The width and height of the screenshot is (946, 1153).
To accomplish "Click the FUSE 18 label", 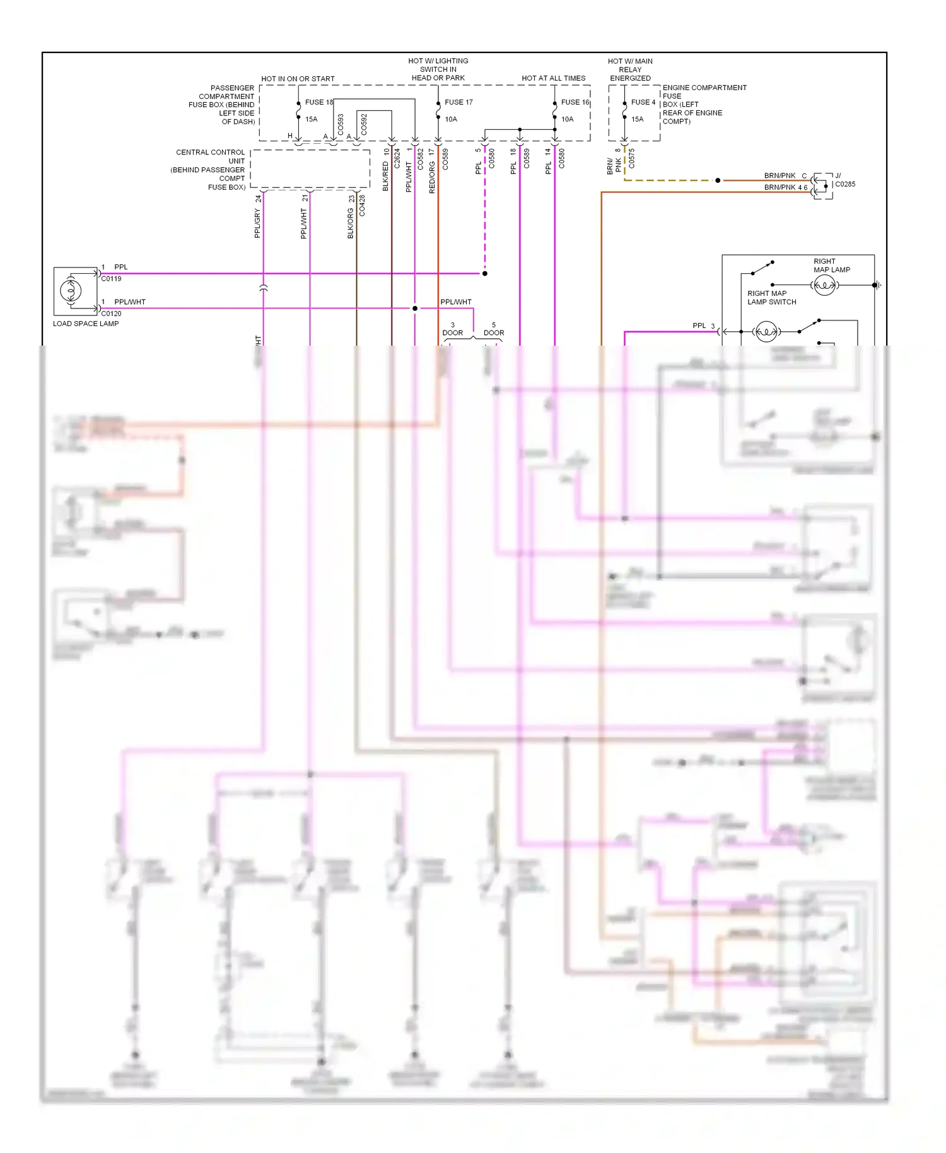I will (318, 102).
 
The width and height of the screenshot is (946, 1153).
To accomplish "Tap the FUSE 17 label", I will (458, 102).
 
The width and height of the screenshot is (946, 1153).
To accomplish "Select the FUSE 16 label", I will (575, 102).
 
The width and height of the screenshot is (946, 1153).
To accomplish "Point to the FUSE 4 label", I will (643, 102).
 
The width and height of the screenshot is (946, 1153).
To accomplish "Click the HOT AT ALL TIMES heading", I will (553, 78).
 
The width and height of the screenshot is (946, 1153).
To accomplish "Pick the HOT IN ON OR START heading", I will (298, 79).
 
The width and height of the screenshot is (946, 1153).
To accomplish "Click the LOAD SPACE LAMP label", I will (86, 324).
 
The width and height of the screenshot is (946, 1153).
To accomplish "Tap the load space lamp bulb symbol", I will (71, 291).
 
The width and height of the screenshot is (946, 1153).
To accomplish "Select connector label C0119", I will (111, 278).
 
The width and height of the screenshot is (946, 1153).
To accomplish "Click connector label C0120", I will (111, 313).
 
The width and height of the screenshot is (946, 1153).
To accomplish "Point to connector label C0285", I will (845, 184).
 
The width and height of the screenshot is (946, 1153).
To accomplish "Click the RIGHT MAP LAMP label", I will (831, 266).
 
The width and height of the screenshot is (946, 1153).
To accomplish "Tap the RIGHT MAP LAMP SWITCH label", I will (771, 298).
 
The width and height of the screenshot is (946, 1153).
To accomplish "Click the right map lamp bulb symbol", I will (824, 286).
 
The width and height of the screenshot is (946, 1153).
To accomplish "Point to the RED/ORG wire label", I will (432, 177).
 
